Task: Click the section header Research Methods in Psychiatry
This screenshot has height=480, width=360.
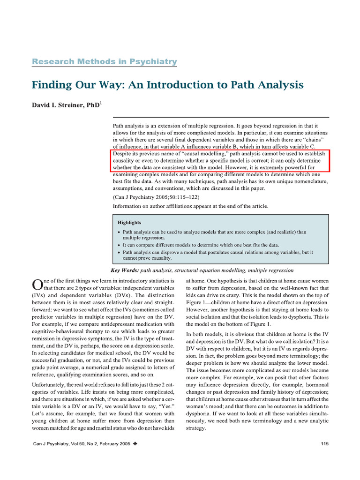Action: click(104, 61)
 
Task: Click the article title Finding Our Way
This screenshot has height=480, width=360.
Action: click(167, 85)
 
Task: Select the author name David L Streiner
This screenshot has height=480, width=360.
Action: click(64, 105)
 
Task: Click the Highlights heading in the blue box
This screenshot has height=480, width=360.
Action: click(129, 222)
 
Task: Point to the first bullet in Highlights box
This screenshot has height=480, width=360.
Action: click(119, 232)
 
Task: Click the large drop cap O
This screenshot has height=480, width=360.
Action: click(37, 285)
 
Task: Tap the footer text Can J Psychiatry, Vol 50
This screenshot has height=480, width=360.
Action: click(61, 443)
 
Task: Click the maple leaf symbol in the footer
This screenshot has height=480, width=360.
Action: click(135, 443)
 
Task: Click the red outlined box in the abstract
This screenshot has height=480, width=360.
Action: click(220, 160)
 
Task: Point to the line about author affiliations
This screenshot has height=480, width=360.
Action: click(190, 206)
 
